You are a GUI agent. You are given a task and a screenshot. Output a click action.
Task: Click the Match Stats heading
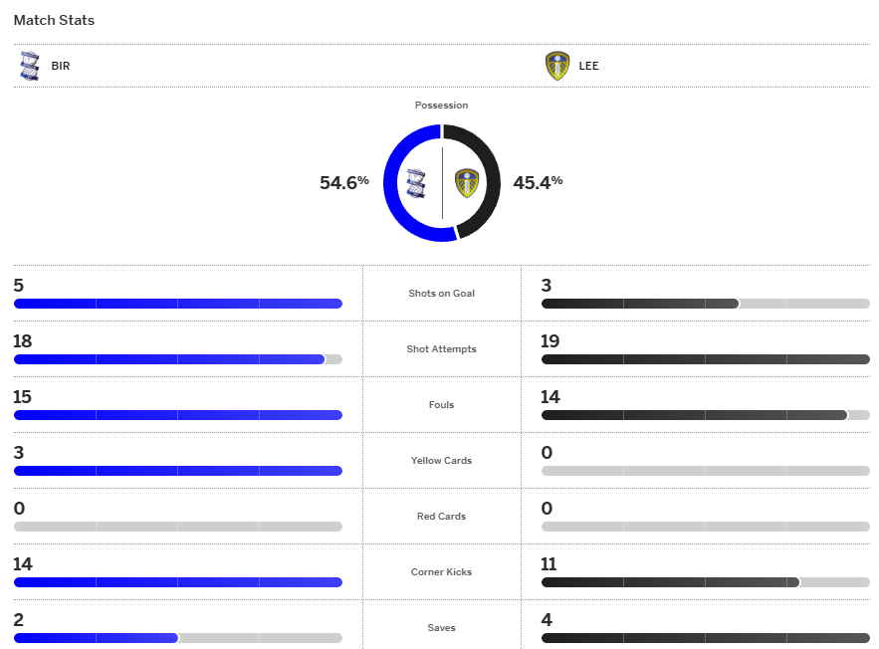pyautogui.click(x=54, y=20)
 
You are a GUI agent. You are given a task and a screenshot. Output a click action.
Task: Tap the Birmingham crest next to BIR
pyautogui.click(x=29, y=67)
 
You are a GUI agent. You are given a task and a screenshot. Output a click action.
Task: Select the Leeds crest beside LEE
pyautogui.click(x=557, y=67)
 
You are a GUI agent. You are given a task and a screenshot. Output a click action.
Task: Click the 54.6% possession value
pyautogui.click(x=344, y=182)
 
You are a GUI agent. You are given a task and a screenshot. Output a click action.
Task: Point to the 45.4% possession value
pyautogui.click(x=538, y=182)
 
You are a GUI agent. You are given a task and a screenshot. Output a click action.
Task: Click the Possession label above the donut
pyautogui.click(x=441, y=105)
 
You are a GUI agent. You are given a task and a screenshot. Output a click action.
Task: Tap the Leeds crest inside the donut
pyautogui.click(x=466, y=183)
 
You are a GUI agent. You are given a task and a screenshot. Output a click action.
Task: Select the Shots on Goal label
pyautogui.click(x=441, y=294)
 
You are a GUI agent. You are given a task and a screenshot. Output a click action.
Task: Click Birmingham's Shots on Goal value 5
pyautogui.click(x=19, y=286)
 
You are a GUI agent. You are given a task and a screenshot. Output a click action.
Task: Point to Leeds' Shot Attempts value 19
pyautogui.click(x=550, y=341)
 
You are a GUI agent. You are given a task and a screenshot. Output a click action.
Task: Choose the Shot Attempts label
pyautogui.click(x=441, y=349)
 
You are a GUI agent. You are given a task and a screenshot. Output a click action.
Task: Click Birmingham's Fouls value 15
pyautogui.click(x=23, y=397)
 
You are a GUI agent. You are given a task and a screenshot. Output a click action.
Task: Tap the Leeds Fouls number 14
pyautogui.click(x=550, y=397)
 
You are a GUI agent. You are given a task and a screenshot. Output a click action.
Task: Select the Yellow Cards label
pyautogui.click(x=441, y=461)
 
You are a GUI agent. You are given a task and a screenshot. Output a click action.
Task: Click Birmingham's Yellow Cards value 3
pyautogui.click(x=19, y=453)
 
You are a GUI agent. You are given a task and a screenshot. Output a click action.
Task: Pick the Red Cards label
pyautogui.click(x=441, y=517)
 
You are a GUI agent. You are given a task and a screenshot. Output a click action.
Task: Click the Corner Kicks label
pyautogui.click(x=441, y=572)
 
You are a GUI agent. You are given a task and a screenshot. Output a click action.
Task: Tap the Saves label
pyautogui.click(x=441, y=628)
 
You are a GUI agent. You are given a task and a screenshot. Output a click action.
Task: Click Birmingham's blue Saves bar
pyautogui.click(x=96, y=638)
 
